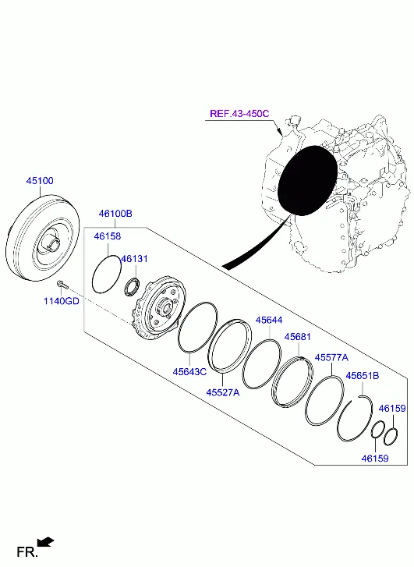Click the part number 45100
click(x=40, y=180)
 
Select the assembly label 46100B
click(x=115, y=213)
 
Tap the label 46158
click(x=108, y=236)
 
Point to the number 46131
click(x=133, y=259)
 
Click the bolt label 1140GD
click(x=62, y=301)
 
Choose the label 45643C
click(x=189, y=371)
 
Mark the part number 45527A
click(x=223, y=392)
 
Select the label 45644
click(x=268, y=321)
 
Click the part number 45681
click(x=297, y=336)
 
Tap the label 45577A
click(x=331, y=356)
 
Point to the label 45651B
click(x=363, y=375)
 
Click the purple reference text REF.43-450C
click(x=239, y=114)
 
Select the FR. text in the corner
click(x=27, y=552)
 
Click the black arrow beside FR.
click(x=46, y=541)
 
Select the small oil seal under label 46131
click(x=134, y=286)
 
